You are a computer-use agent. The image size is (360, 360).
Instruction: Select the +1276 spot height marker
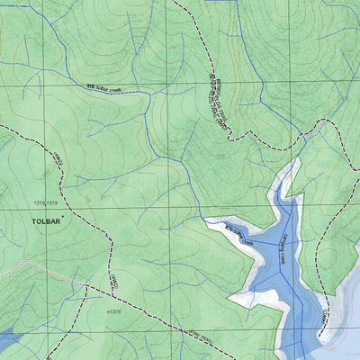(112, 311)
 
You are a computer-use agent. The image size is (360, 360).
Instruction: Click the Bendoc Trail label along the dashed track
(217, 98)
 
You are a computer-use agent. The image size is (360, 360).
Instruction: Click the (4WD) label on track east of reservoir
(325, 314)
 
